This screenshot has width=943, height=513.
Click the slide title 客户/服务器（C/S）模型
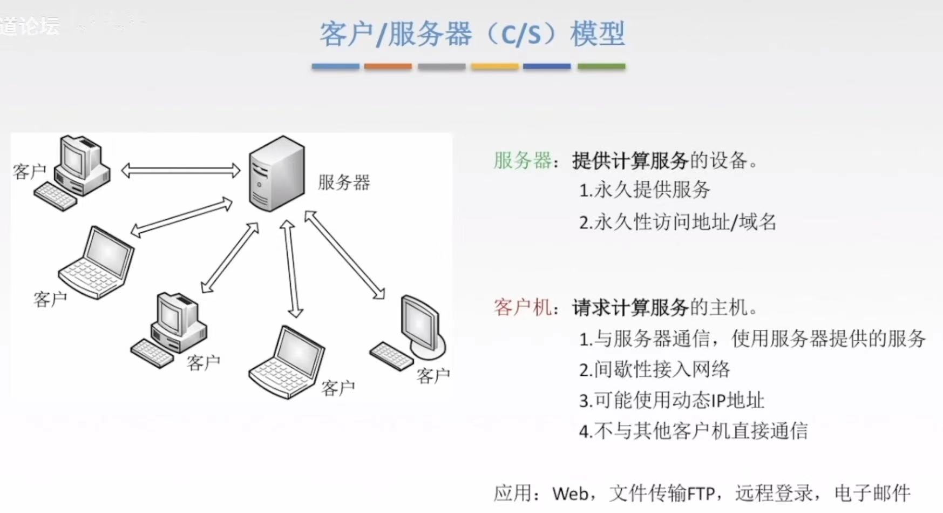click(472, 33)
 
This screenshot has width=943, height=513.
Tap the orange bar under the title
click(388, 66)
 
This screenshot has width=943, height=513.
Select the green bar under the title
click(601, 66)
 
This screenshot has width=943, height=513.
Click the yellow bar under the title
click(494, 66)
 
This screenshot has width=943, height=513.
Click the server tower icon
click(276, 173)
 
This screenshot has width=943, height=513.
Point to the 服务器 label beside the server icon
click(344, 183)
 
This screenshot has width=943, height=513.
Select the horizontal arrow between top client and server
click(181, 171)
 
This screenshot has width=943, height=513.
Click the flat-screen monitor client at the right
click(421, 327)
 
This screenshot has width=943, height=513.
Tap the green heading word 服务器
click(522, 160)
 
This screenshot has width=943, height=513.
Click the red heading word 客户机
click(522, 307)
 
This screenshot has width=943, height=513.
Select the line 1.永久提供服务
click(645, 190)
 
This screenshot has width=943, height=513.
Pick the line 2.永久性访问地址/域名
click(677, 222)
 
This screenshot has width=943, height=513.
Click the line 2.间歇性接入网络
click(654, 369)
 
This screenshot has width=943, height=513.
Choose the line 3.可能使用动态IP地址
click(671, 400)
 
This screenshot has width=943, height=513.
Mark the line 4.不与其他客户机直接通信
click(693, 431)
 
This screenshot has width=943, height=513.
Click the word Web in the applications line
click(570, 494)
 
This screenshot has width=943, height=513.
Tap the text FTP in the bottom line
click(701, 494)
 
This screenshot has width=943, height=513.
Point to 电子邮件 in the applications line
click(872, 493)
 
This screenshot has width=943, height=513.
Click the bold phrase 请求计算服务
click(630, 307)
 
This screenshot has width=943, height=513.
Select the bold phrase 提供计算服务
click(630, 160)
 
